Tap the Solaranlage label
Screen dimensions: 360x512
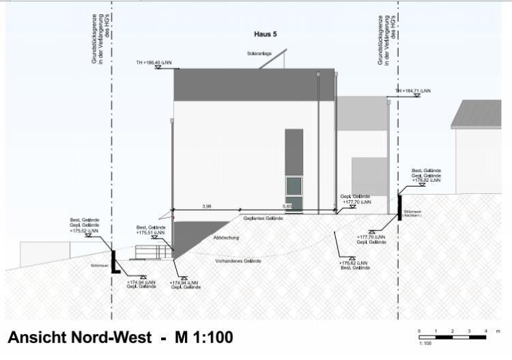pyautogui.click(x=260, y=54)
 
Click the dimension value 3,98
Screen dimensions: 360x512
pyautogui.click(x=207, y=205)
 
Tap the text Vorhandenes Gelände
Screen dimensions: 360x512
pyautogui.click(x=238, y=261)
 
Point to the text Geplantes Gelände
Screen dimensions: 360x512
pyautogui.click(x=263, y=218)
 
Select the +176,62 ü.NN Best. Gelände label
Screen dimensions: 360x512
pyautogui.click(x=355, y=265)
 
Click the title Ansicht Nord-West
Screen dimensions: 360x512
pyautogui.click(x=83, y=337)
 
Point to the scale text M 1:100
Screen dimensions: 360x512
pyautogui.click(x=203, y=337)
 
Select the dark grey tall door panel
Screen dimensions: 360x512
pyautogui.click(x=294, y=152)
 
